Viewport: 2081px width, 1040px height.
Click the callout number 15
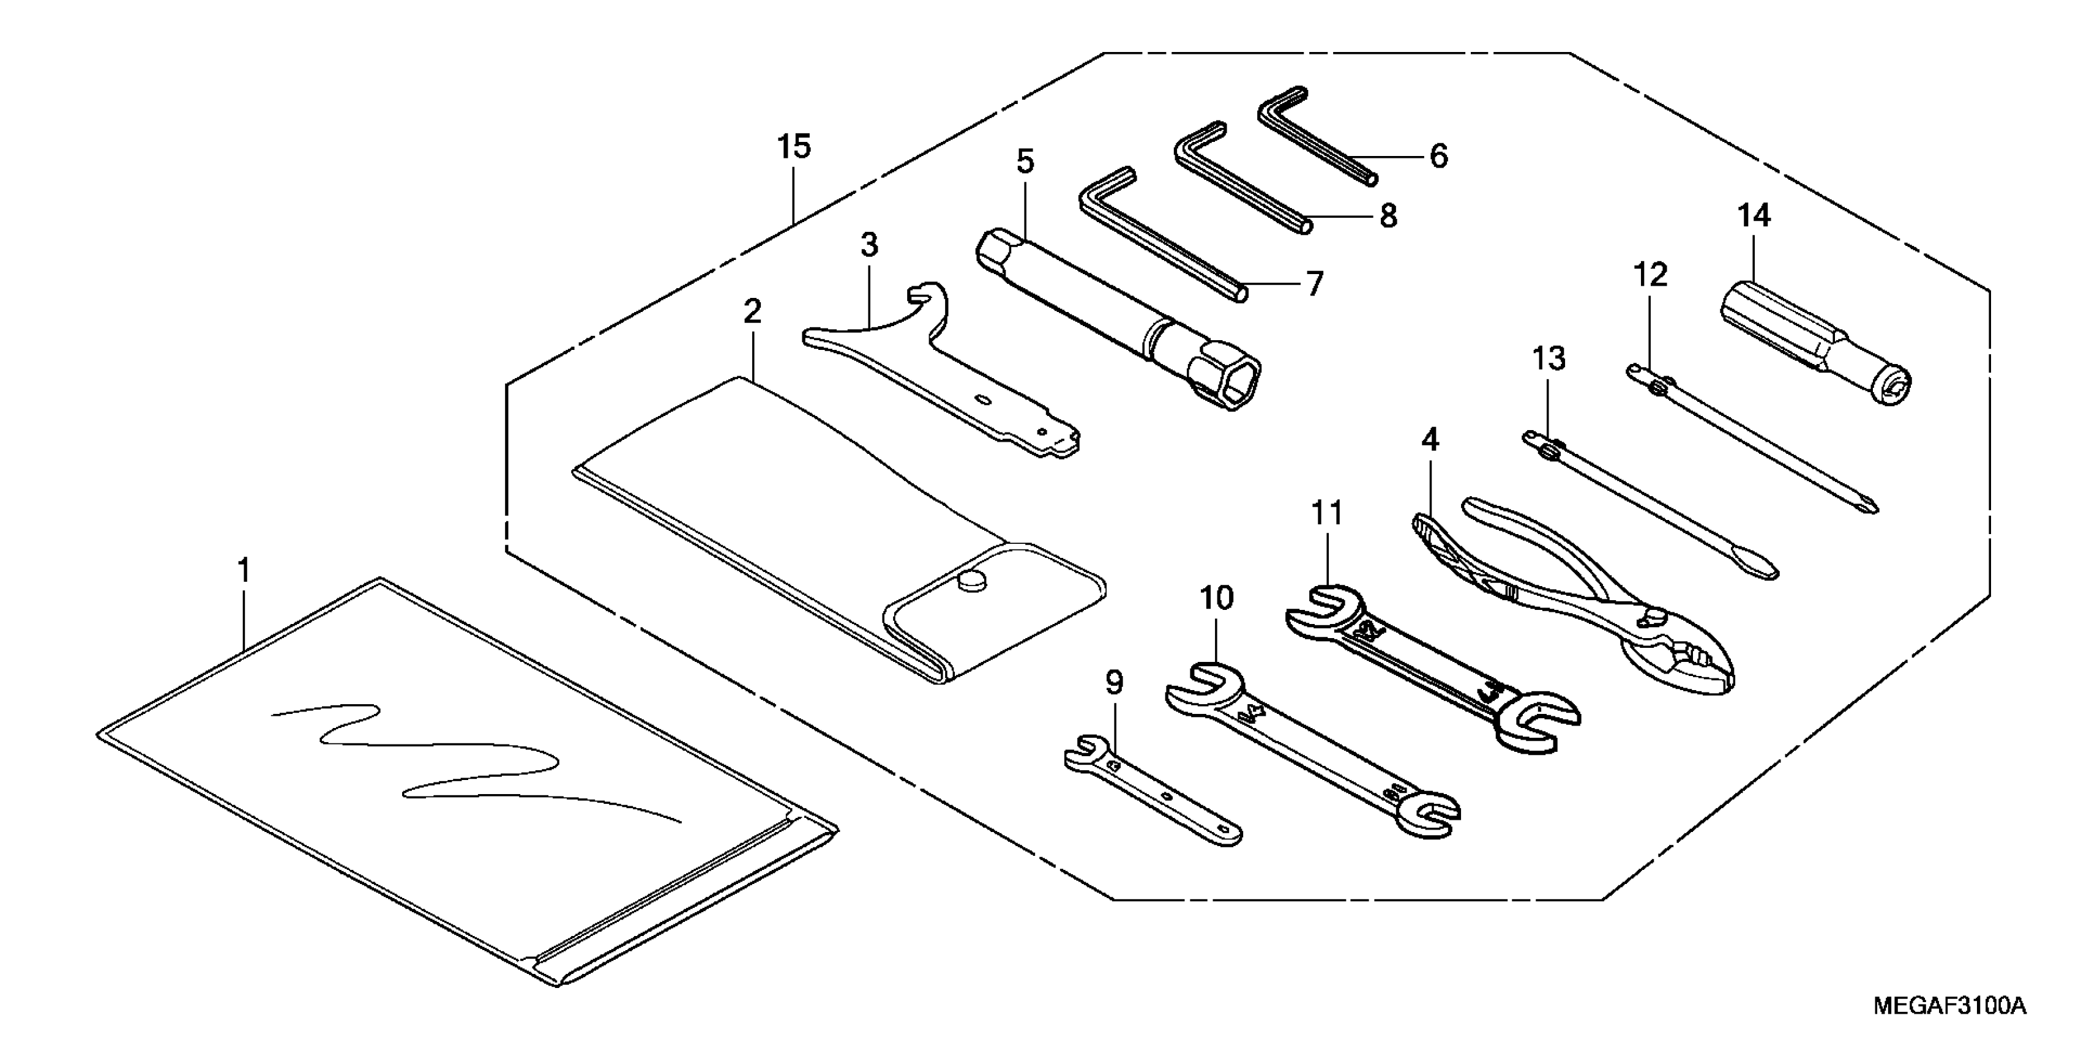793,148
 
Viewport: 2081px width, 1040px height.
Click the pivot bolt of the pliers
1649,618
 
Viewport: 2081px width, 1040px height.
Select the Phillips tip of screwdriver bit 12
1871,507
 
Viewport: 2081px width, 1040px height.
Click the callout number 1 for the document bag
243,571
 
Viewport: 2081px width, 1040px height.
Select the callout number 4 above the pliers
1430,440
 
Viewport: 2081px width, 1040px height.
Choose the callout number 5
1025,162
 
